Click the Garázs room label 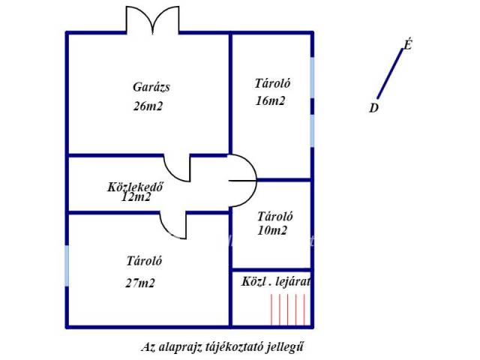(x=151, y=88)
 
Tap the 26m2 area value (x=148, y=106)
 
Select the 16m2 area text (x=270, y=100)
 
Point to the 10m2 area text (x=271, y=230)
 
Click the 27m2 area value (x=140, y=283)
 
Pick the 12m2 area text (x=136, y=196)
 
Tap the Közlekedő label (x=135, y=187)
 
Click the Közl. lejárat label (x=276, y=282)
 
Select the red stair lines (x=288, y=309)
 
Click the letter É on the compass (x=407, y=45)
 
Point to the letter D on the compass (x=373, y=108)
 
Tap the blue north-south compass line (x=390, y=73)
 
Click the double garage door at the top (x=153, y=19)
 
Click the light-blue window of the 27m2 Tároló (x=67, y=265)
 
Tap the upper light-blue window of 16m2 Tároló (x=312, y=77)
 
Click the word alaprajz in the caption (x=179, y=347)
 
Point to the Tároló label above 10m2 (x=275, y=217)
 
